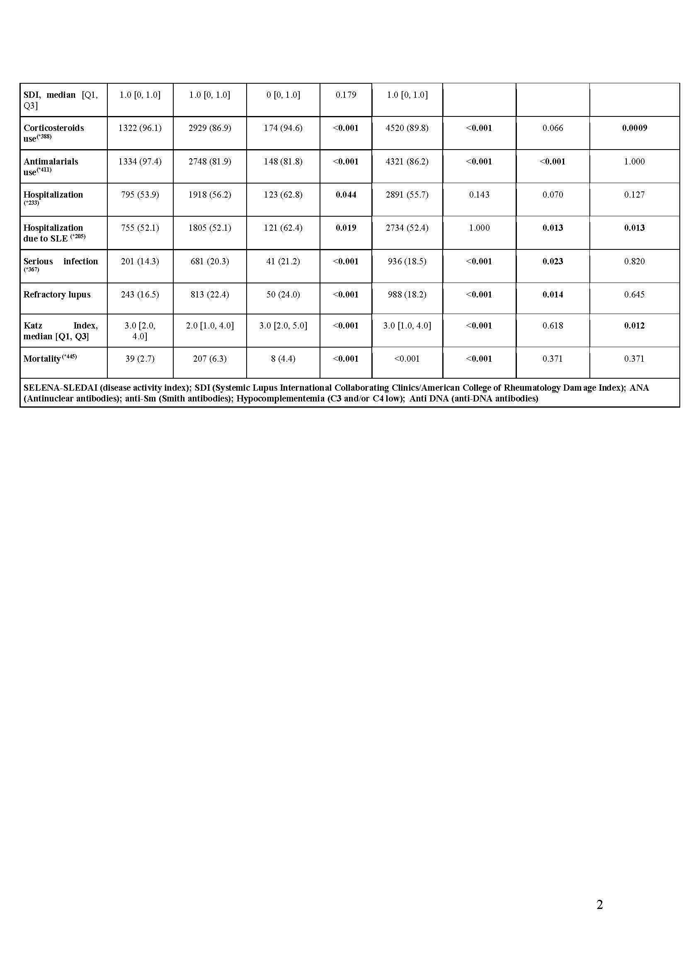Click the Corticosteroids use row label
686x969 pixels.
pos(53,133)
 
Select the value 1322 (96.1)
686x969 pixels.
pos(140,128)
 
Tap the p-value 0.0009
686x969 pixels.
pos(635,128)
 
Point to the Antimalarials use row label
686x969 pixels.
pos(51,167)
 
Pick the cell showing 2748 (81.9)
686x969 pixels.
pos(209,161)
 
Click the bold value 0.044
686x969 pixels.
pos(346,195)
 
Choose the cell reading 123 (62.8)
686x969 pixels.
pos(283,195)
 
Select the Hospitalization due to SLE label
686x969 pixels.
pos(53,233)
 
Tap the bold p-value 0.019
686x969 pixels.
pos(346,228)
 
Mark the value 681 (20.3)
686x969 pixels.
pos(209,261)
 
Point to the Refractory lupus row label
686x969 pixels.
pos(57,295)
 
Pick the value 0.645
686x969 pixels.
pos(635,295)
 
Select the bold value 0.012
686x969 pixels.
pos(635,326)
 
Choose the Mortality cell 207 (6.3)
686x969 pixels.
pos(209,359)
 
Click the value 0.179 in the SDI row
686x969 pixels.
pos(346,95)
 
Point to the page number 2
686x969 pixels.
pos(599,904)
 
